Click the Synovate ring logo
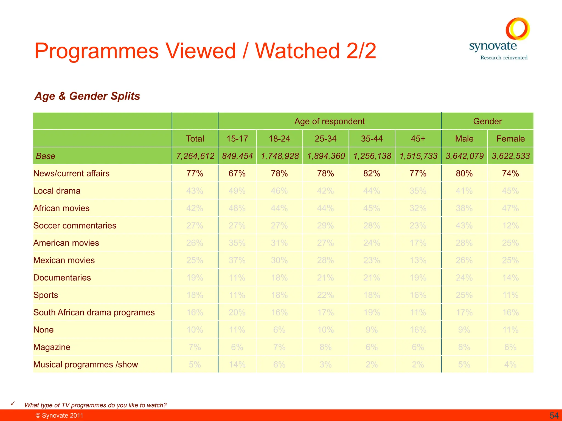coord(518,29)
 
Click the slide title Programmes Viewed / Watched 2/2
coord(205,51)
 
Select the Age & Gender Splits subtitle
coord(87,96)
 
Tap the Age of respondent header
coord(329,121)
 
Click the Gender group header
coord(487,121)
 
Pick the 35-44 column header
coord(372,139)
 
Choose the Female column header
coord(510,139)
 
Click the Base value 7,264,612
coord(195,156)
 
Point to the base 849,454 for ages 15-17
coord(237,156)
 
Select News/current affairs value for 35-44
coord(372,173)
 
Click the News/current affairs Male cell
coord(464,173)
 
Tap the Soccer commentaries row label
coord(75,226)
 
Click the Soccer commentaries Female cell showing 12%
coord(510,226)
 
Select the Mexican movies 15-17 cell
coord(237,260)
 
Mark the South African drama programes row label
coord(94,312)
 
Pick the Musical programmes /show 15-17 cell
coord(237,365)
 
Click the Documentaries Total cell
coord(195,278)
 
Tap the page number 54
coord(554,416)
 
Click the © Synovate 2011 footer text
coord(59,416)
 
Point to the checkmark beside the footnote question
coord(13,403)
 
